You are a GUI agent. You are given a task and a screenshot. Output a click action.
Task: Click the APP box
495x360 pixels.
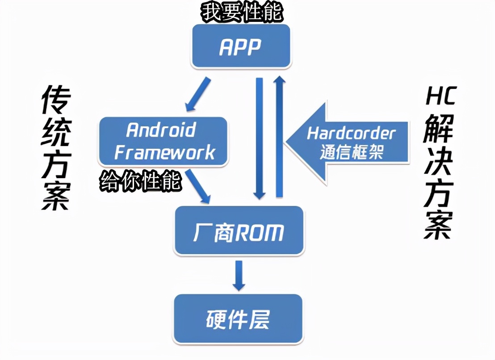[x=241, y=46]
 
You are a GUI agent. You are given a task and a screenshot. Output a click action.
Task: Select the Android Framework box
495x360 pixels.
[x=164, y=141]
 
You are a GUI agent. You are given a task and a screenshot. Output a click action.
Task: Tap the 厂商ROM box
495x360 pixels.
[x=239, y=230]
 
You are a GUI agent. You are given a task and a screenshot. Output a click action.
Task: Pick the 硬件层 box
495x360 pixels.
[x=238, y=318]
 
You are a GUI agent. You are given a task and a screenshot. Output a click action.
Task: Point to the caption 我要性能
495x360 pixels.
[x=242, y=13]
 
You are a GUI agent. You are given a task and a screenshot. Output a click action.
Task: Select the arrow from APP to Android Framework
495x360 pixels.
[x=197, y=94]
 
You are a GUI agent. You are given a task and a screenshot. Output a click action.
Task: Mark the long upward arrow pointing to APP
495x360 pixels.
[x=279, y=136]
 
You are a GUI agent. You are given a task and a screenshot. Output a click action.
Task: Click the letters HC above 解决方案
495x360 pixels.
[x=440, y=96]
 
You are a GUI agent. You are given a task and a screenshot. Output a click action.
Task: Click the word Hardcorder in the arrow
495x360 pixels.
[x=352, y=134]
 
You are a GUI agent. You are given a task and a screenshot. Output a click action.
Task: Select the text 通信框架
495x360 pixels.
[x=352, y=153]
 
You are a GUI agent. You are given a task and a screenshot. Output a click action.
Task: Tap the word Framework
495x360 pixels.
[x=164, y=152]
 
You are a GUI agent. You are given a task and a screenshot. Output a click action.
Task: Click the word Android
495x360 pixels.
[x=161, y=130]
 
